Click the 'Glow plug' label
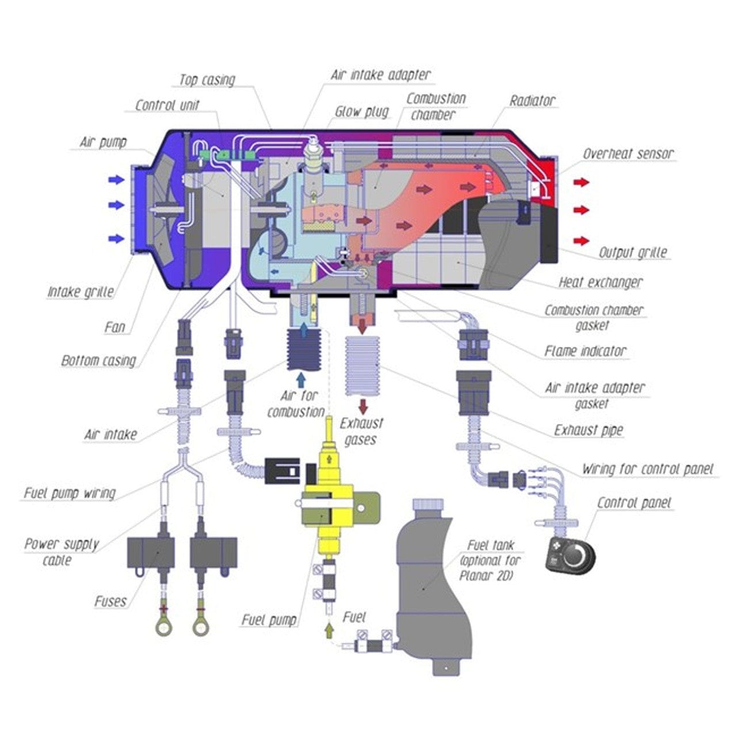pos(362,112)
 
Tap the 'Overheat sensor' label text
pos(628,154)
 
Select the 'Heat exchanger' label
pos(600,282)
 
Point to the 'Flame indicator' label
pos(585,351)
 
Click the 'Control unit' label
pos(167,105)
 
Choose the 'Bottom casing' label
pos(98,361)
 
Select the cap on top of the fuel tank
pos(428,504)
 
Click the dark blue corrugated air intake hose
pos(302,351)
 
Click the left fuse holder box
pos(150,552)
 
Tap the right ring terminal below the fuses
pos(200,627)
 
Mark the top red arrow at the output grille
pos(582,183)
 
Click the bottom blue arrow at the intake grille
pos(116,238)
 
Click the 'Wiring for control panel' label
pos(647,469)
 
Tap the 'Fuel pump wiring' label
pos(70,493)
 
